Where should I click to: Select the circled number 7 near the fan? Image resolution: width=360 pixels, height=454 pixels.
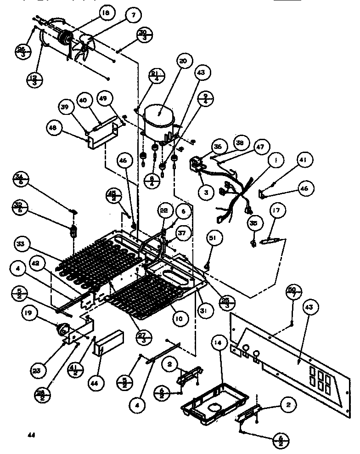pyautogui.click(x=133, y=15)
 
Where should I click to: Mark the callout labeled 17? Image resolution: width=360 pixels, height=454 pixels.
pyautogui.click(x=276, y=212)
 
